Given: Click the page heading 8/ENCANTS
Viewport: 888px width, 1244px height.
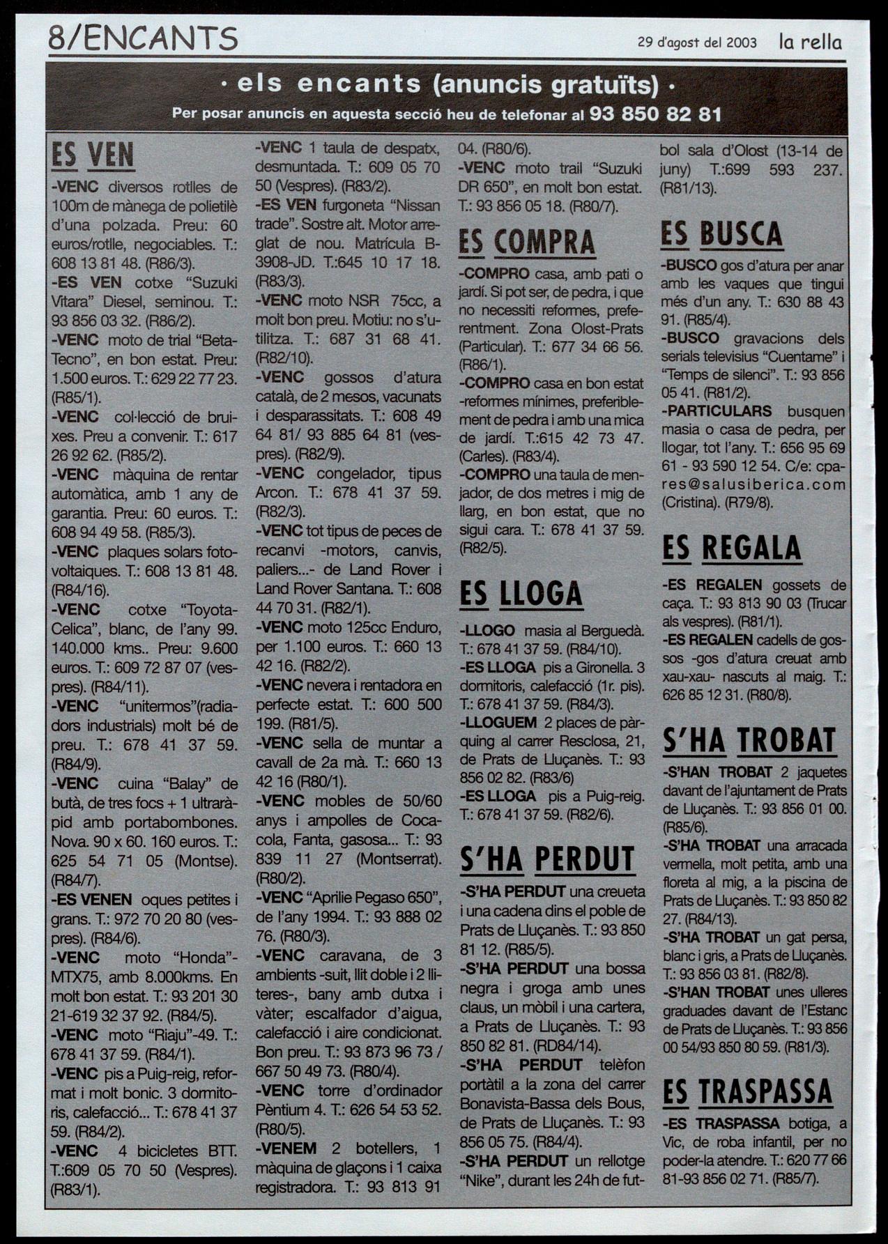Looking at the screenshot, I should point(143,38).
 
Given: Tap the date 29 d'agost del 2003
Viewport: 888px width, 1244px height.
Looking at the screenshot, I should point(697,43).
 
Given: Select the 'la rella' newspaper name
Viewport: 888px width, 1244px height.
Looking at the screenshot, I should point(810,42).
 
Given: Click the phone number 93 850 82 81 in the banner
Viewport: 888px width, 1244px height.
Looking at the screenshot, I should point(655,114).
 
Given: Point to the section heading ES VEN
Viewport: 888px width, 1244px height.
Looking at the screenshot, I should point(93,155).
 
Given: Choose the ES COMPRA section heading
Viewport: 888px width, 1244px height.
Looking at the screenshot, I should point(527,243).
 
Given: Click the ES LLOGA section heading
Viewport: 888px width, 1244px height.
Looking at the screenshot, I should point(521,594).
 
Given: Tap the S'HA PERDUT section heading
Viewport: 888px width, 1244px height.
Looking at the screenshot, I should point(547,860).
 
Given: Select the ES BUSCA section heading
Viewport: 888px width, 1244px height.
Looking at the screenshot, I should point(721,235).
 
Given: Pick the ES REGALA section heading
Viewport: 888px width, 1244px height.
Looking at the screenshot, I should point(731,548).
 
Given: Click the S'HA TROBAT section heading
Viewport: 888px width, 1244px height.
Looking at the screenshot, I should point(749,741).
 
